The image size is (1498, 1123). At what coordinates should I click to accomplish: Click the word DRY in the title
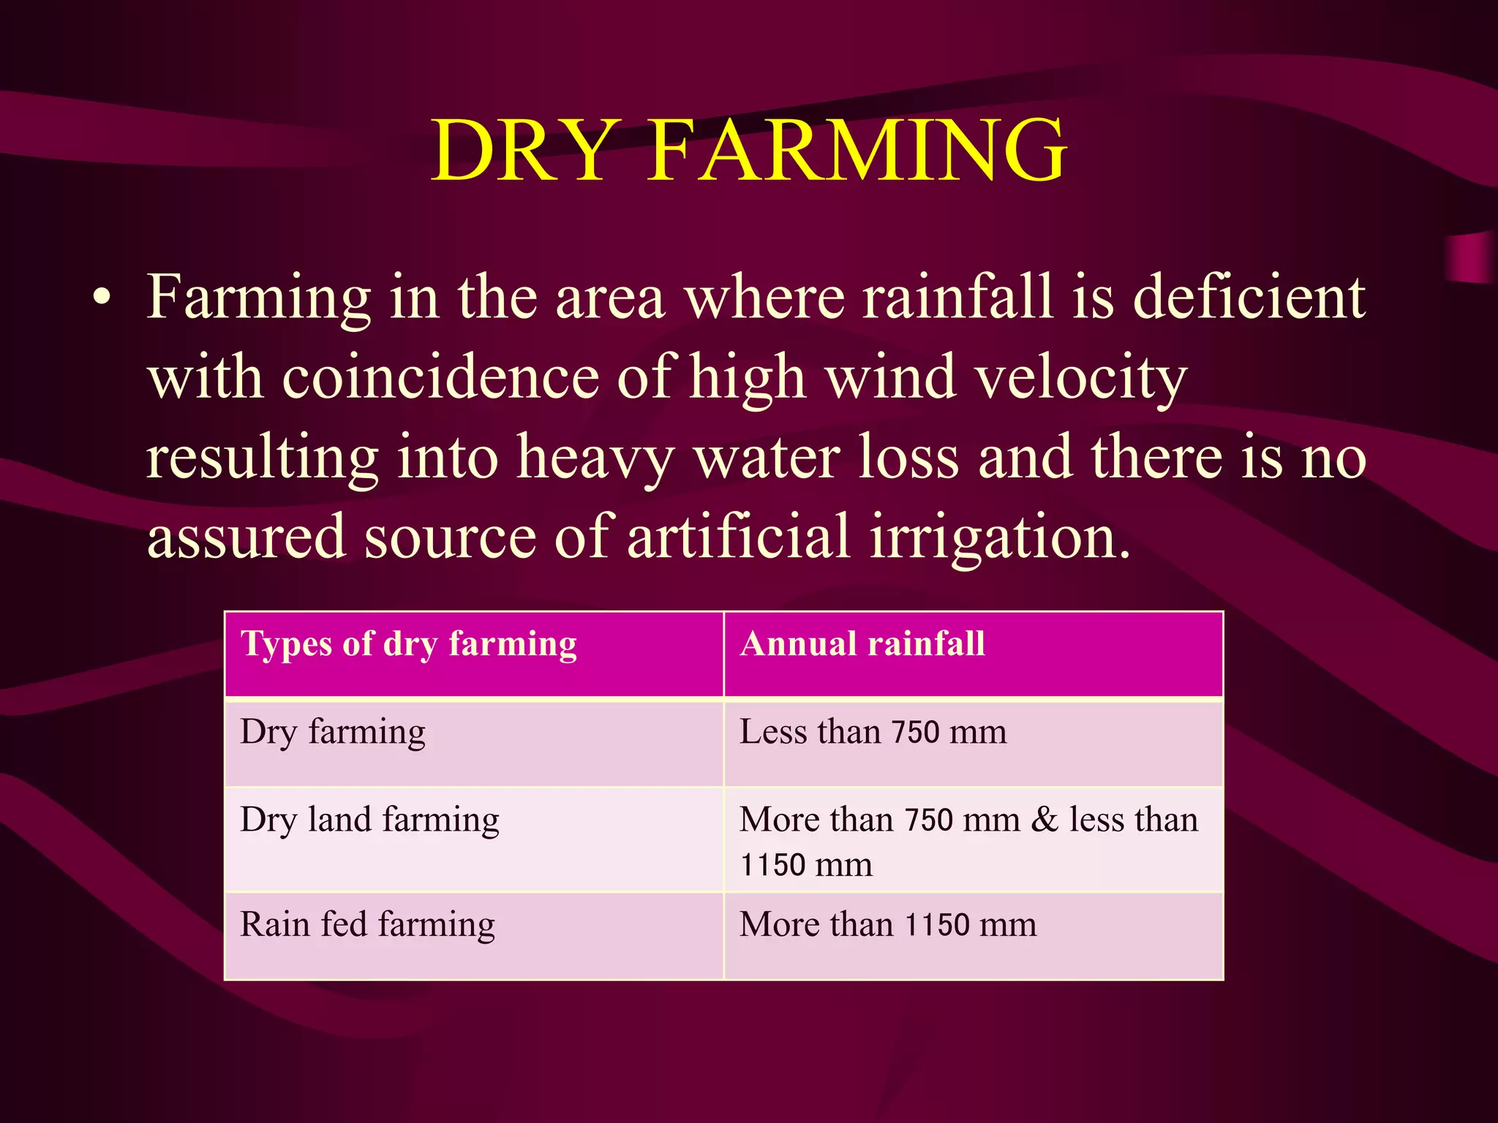pyautogui.click(x=521, y=151)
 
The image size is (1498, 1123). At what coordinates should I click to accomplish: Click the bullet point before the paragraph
pyautogui.click(x=102, y=298)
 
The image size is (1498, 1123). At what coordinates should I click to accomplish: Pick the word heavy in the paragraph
pyautogui.click(x=595, y=458)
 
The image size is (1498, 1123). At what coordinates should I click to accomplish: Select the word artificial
pyautogui.click(x=739, y=537)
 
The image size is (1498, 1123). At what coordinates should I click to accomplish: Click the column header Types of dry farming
pyautogui.click(x=408, y=645)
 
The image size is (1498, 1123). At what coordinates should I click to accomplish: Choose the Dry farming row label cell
pyautogui.click(x=333, y=733)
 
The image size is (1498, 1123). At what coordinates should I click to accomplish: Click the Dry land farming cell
pyautogui.click(x=369, y=820)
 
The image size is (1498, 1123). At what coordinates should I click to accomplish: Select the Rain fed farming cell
pyautogui.click(x=367, y=925)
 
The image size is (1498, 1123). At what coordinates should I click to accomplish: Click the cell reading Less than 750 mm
pyautogui.click(x=873, y=733)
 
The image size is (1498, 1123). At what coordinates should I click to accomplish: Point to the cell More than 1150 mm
pyautogui.click(x=887, y=925)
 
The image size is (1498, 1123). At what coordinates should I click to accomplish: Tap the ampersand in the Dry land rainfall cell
pyautogui.click(x=1045, y=820)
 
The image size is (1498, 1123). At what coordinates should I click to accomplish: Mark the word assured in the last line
pyautogui.click(x=246, y=537)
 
